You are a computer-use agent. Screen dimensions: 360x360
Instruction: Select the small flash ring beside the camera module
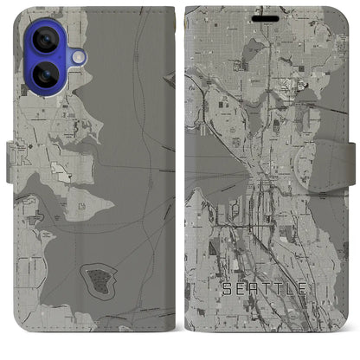[78, 56]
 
